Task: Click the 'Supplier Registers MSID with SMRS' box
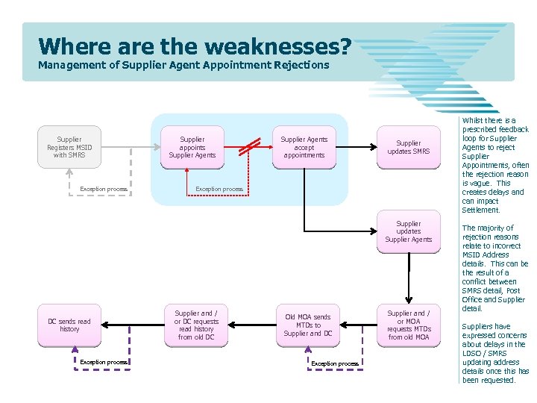[69, 147]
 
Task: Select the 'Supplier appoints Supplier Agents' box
[192, 147]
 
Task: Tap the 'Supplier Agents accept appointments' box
[304, 147]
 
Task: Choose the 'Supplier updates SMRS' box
[408, 147]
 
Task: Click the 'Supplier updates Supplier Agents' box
[408, 231]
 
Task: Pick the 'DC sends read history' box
[69, 325]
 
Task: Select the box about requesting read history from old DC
[196, 325]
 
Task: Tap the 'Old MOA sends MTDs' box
[307, 325]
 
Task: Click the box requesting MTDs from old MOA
[408, 325]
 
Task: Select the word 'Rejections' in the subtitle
[301, 65]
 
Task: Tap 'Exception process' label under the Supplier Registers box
[104, 190]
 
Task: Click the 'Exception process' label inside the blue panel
[219, 190]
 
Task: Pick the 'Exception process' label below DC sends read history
[104, 363]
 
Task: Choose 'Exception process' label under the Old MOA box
[334, 363]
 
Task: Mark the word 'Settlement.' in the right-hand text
[481, 210]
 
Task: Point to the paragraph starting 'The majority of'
[494, 268]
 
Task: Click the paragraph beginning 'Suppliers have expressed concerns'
[494, 353]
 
